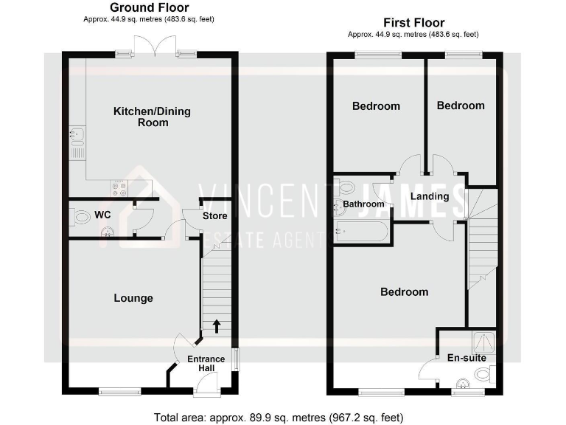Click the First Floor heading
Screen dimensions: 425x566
pyautogui.click(x=413, y=23)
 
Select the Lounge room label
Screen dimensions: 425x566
pyautogui.click(x=133, y=298)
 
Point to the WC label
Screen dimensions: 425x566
pyautogui.click(x=103, y=215)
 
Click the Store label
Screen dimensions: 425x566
pyautogui.click(x=215, y=216)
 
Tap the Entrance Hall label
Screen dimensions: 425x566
pyautogui.click(x=206, y=364)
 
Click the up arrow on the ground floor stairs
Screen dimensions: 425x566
pyautogui.click(x=216, y=325)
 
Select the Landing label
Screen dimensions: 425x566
pyautogui.click(x=430, y=196)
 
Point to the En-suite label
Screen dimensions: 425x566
pyautogui.click(x=467, y=358)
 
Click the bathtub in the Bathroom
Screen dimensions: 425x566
pyautogui.click(x=360, y=232)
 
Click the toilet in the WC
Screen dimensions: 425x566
pyautogui.click(x=79, y=217)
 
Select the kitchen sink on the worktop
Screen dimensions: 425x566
pyautogui.click(x=77, y=135)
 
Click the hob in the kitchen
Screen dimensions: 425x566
pyautogui.click(x=118, y=187)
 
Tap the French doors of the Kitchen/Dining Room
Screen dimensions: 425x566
pyautogui.click(x=152, y=46)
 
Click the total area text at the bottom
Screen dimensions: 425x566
pyautogui.click(x=279, y=417)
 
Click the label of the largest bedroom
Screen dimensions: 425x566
pyautogui.click(x=404, y=292)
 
